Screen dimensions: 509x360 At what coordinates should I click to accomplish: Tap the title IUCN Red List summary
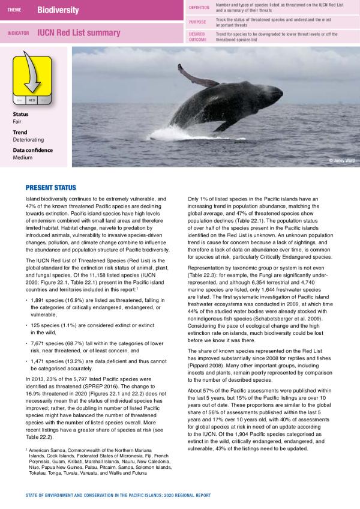pos(78,34)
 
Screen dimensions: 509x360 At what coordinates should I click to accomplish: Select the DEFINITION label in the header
pos(199,7)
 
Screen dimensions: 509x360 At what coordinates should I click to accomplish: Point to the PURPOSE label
pos(198,22)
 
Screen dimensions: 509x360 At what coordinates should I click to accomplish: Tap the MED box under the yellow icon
pos(31,101)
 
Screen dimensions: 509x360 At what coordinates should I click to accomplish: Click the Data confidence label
pos(33,150)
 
